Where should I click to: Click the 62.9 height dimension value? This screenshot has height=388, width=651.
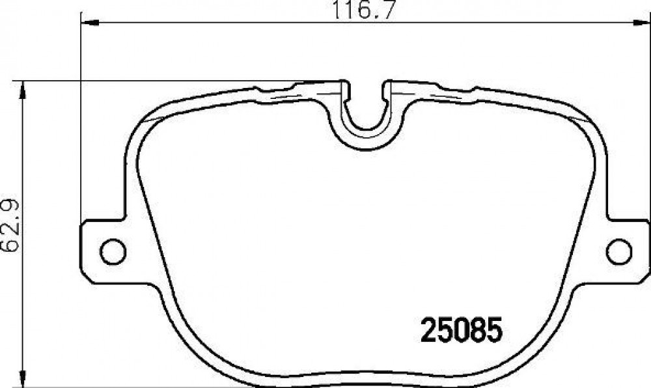tap(10, 226)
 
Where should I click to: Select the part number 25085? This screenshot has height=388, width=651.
tap(462, 330)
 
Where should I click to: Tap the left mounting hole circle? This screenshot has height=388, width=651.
tap(113, 251)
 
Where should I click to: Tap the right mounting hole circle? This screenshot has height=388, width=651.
tap(618, 251)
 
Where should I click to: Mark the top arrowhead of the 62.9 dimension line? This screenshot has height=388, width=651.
tap(23, 89)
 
